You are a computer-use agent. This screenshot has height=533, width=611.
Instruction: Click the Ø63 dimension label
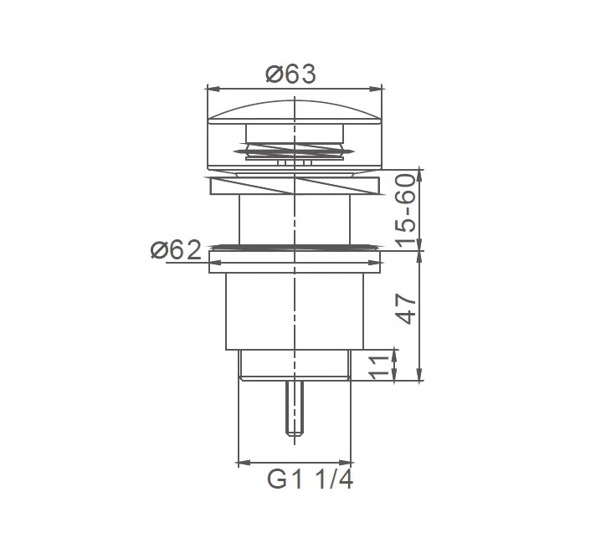pos(290,74)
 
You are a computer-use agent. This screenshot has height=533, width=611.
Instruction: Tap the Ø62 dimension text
pos(176,249)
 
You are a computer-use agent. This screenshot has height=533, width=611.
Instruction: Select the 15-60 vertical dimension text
pos(405,211)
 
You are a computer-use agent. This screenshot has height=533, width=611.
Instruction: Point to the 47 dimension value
pos(408,310)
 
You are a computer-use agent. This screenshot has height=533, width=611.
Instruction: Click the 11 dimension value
pos(379,367)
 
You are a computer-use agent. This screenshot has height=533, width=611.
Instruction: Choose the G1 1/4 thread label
pos(311,479)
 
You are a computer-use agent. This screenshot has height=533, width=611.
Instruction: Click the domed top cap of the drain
pos(295,112)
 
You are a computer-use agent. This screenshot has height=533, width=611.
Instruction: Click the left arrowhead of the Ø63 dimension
pos(213,90)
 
